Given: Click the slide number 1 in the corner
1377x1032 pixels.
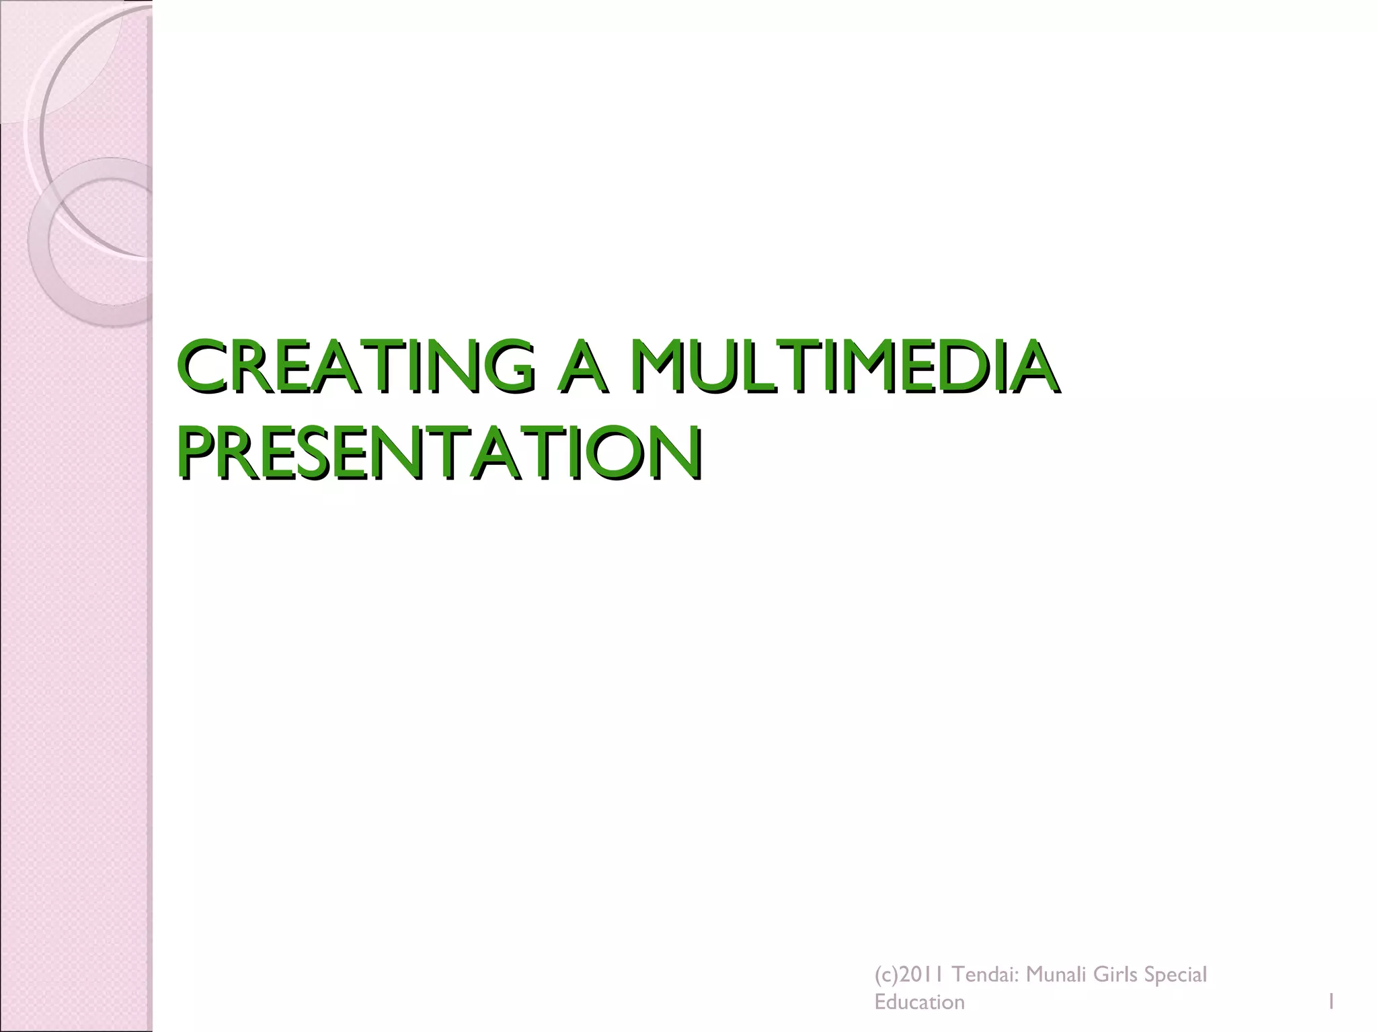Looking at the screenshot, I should [x=1330, y=1003].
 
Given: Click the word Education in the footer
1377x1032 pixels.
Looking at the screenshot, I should [x=919, y=1003].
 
